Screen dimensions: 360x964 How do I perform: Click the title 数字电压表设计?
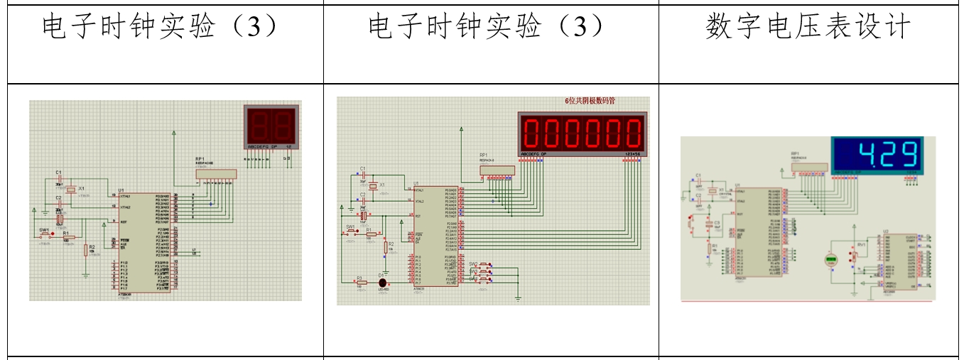[x=808, y=28]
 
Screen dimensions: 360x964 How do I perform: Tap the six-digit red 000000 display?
[x=583, y=131]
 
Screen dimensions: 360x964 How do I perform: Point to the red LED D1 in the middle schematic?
[x=382, y=282]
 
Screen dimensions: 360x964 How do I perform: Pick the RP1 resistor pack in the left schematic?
[x=216, y=173]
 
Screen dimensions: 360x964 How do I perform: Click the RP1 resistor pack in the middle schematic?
[x=497, y=170]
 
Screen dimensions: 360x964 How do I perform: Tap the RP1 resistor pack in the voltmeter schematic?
[x=809, y=168]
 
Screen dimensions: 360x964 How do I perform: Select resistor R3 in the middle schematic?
[x=362, y=282]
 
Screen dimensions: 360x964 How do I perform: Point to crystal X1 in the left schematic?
[x=70, y=190]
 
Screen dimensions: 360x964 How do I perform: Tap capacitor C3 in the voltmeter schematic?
[x=708, y=226]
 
